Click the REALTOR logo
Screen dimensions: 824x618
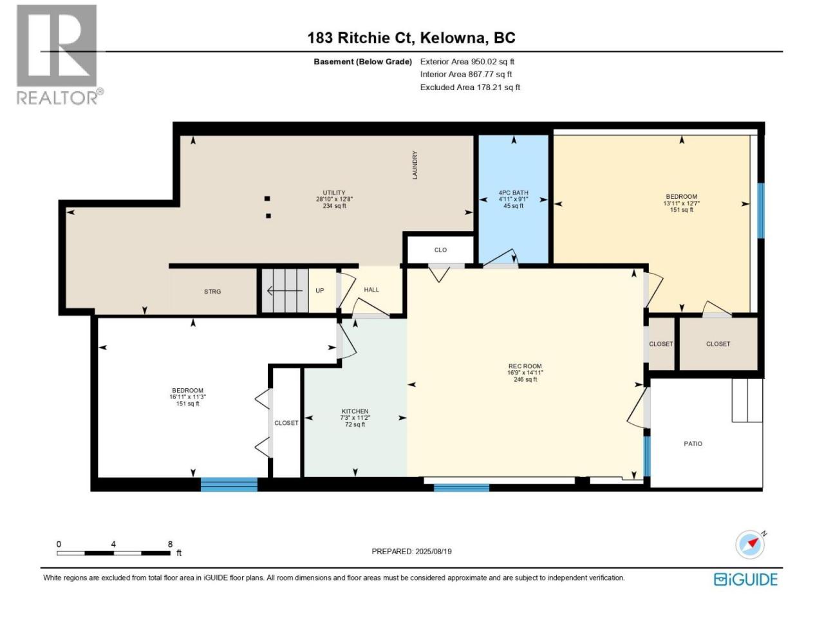coord(59,55)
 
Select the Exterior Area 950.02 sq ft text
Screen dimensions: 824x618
coord(467,62)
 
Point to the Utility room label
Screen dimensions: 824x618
coord(334,200)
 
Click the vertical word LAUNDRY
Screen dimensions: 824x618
coord(415,165)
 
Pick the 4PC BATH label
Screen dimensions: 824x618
coord(513,200)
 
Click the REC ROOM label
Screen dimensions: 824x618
coord(525,373)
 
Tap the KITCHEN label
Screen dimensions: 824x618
coord(355,418)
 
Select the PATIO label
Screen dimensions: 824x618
coord(693,444)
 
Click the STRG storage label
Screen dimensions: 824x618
coord(212,292)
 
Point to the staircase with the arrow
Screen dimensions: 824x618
coord(285,291)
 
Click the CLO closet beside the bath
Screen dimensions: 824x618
coord(440,250)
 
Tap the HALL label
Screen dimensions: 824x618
coord(371,290)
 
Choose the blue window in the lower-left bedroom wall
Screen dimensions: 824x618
coord(229,484)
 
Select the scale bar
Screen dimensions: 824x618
coord(114,553)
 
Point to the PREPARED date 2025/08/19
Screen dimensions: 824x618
coord(411,552)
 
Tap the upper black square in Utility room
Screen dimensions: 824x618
coord(267,198)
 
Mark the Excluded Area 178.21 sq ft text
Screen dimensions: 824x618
coord(470,88)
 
